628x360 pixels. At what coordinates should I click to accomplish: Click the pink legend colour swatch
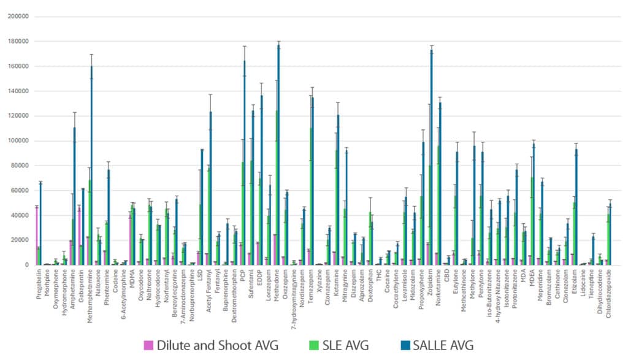pyautogui.click(x=148, y=345)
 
